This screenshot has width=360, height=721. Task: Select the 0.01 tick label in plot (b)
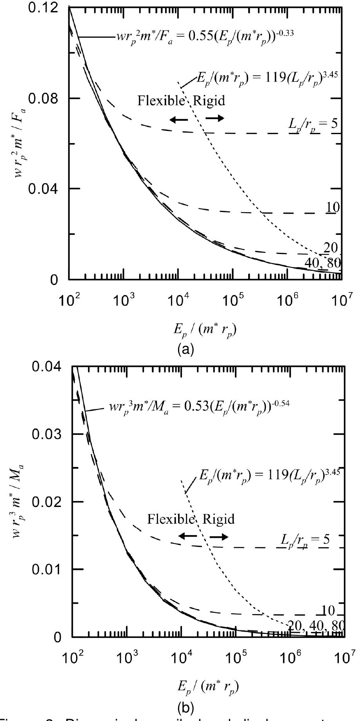(x=46, y=568)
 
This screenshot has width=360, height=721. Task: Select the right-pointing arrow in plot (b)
(x=219, y=537)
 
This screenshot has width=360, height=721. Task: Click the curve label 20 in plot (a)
(x=331, y=247)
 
